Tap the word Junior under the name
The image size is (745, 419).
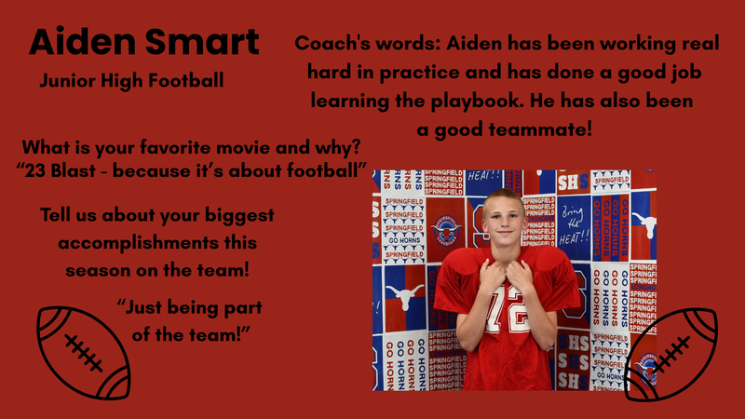click(69, 81)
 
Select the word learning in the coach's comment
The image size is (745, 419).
click(355, 101)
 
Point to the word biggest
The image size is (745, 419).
click(238, 217)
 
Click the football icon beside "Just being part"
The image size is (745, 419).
click(82, 353)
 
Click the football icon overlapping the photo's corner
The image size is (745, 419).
click(670, 354)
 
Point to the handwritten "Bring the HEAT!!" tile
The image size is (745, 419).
click(574, 223)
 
